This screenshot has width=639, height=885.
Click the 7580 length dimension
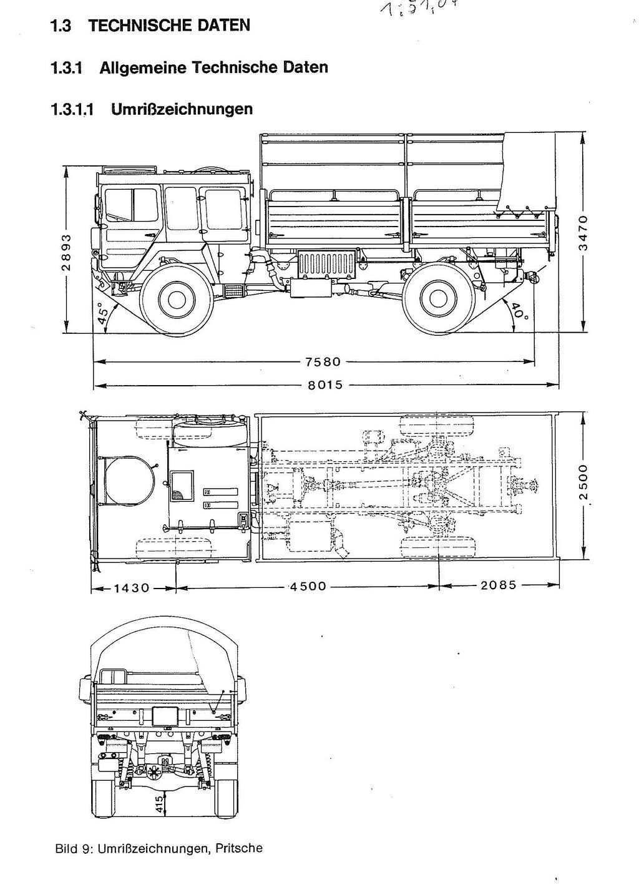click(x=323, y=361)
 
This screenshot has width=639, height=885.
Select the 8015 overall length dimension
click(x=325, y=385)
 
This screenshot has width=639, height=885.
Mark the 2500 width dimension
click(x=583, y=481)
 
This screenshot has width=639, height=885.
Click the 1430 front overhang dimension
click(x=132, y=587)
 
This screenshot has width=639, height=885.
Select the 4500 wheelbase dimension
click(x=307, y=587)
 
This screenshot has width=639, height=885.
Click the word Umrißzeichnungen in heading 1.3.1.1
click(x=182, y=110)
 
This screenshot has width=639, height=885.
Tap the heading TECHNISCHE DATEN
click(x=169, y=26)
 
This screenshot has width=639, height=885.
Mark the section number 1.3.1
click(x=66, y=68)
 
